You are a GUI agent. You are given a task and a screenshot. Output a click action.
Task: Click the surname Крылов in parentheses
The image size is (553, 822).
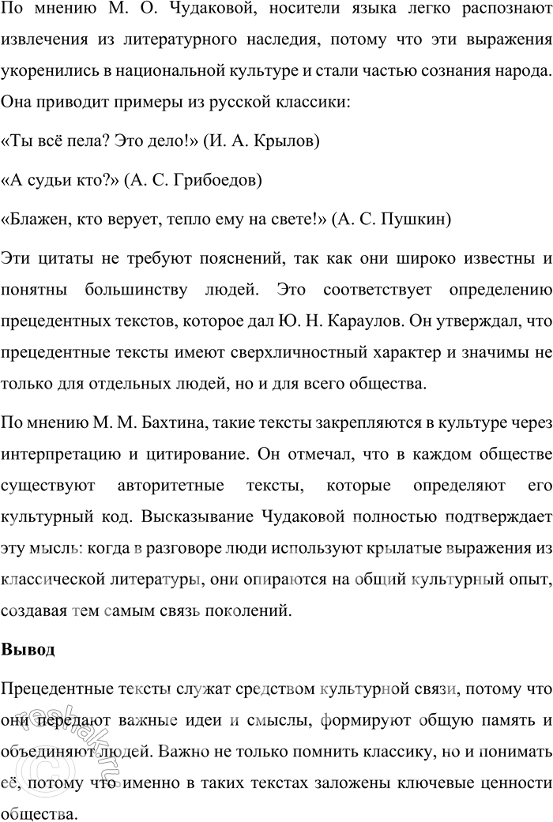click(x=288, y=142)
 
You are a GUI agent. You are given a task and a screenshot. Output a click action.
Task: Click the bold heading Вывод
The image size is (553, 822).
click(x=28, y=651)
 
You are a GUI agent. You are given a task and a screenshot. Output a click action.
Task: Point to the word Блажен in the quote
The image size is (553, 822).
click(x=36, y=219)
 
